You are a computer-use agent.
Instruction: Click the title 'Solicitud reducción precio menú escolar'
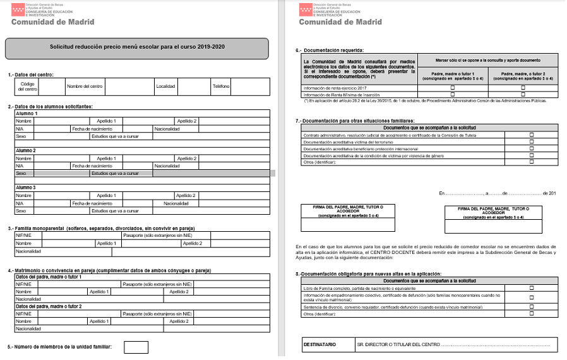pos(137,47)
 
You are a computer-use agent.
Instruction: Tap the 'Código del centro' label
pos(27,86)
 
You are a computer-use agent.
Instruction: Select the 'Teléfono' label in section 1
pos(221,86)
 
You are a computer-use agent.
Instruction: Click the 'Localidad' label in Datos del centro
pos(165,86)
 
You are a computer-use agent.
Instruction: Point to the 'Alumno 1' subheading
pos(27,114)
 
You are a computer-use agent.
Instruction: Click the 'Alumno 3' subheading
pos(27,188)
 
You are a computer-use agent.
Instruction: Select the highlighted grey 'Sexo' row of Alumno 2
pos(143,173)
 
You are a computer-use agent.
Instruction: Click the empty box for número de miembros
pos(136,347)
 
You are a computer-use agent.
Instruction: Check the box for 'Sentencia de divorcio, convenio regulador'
pos(531,306)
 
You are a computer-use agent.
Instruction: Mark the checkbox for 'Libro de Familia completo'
pos(531,287)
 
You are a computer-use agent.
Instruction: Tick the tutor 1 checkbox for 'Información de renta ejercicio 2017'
pos(452,87)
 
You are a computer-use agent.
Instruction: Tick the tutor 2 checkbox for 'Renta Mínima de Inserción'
pos(523,94)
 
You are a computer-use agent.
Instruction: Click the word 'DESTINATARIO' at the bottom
pos(320,345)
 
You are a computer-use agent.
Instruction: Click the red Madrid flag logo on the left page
pos(19,9)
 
